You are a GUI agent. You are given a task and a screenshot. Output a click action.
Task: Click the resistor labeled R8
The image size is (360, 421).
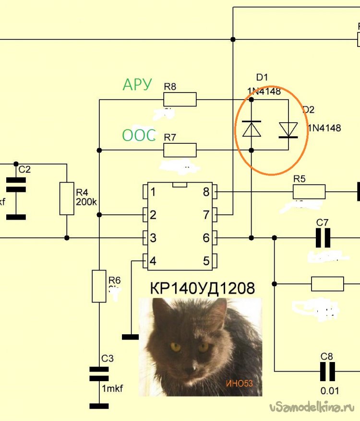(x=180, y=99)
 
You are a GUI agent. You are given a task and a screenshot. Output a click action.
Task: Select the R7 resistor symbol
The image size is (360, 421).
(x=180, y=150)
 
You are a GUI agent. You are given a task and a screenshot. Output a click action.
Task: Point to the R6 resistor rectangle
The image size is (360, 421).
(x=99, y=286)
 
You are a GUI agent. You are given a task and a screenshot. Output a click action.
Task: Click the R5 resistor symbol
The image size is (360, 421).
(x=309, y=192)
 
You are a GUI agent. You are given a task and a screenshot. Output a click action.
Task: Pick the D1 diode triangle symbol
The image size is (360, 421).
(x=252, y=129)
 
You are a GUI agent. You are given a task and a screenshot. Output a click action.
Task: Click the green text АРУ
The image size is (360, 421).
(x=137, y=85)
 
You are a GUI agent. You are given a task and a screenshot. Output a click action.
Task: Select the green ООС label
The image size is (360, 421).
(x=139, y=136)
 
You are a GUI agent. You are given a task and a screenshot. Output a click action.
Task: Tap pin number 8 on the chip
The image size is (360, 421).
(x=206, y=192)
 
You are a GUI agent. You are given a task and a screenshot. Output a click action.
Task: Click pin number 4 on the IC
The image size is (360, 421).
(x=153, y=261)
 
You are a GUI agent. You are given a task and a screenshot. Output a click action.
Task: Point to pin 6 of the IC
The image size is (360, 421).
(x=206, y=238)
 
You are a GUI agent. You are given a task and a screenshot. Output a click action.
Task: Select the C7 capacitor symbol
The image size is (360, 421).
(x=323, y=238)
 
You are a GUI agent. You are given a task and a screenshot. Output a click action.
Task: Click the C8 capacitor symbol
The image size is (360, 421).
(x=327, y=371)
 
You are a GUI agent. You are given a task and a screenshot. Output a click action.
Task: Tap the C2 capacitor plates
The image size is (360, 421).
(x=16, y=185)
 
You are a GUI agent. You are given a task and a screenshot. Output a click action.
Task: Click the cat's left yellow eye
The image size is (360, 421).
(x=175, y=347)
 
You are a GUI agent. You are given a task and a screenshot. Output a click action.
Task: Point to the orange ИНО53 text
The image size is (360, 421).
(x=240, y=383)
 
